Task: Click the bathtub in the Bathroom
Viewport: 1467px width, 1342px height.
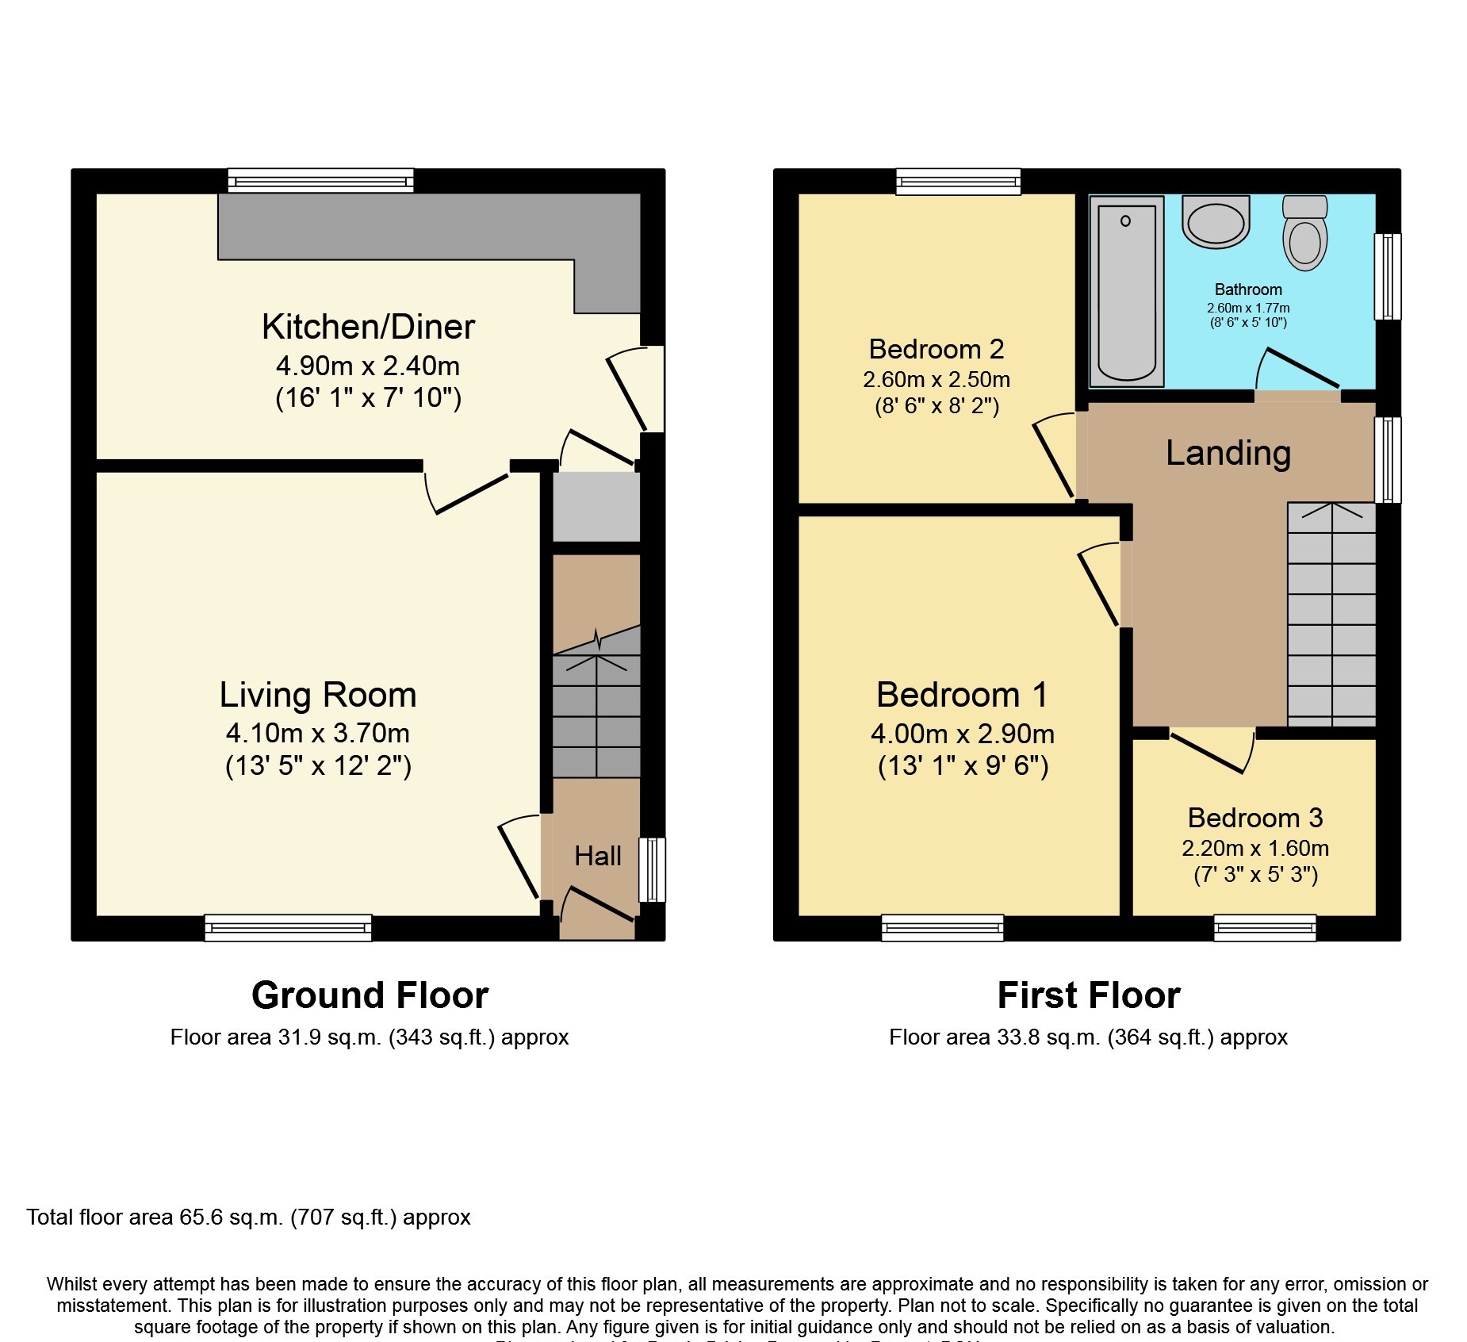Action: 1126,292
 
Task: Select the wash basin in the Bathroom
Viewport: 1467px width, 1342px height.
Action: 1215,222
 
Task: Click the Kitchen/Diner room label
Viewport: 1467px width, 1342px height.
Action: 368,327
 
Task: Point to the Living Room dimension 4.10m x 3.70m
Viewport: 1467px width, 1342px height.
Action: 317,733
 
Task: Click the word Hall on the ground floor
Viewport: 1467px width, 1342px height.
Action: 597,856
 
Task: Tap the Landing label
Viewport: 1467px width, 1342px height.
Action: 1228,453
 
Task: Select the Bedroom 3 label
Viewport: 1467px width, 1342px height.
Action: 1254,818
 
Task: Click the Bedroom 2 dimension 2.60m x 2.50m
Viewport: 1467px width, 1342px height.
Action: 937,379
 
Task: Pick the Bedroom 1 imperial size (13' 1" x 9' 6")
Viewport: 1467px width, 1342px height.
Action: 963,766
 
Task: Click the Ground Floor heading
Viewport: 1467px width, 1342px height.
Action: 370,995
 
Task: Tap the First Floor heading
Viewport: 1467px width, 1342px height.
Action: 1088,995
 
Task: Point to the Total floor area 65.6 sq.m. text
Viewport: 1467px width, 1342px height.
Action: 248,1217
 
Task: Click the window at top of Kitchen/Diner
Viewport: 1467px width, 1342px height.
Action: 320,181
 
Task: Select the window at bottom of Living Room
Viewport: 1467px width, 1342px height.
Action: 288,927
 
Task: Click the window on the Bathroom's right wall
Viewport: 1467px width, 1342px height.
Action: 1387,276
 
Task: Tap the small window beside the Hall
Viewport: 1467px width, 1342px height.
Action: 652,869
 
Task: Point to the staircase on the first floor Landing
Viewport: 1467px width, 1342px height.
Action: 1331,615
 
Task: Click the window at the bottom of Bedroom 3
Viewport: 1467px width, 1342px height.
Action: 1265,927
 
